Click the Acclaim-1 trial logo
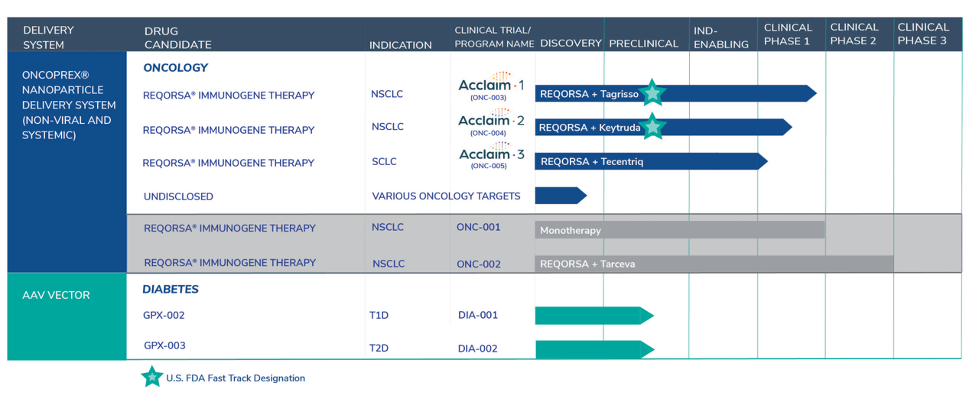(491, 87)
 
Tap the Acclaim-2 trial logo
(491, 122)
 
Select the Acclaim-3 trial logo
(491, 157)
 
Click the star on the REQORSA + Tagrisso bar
(652, 93)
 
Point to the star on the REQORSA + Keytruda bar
(652, 126)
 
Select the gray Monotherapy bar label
(571, 230)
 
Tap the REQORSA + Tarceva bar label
(587, 264)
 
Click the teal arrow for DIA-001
(594, 315)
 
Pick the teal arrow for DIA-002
(594, 349)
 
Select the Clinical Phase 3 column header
(922, 34)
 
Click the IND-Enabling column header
(720, 37)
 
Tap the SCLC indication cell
(384, 162)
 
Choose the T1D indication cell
(379, 315)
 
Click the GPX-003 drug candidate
(164, 345)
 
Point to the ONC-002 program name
(479, 264)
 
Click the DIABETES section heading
(170, 290)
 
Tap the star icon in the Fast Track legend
(151, 377)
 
